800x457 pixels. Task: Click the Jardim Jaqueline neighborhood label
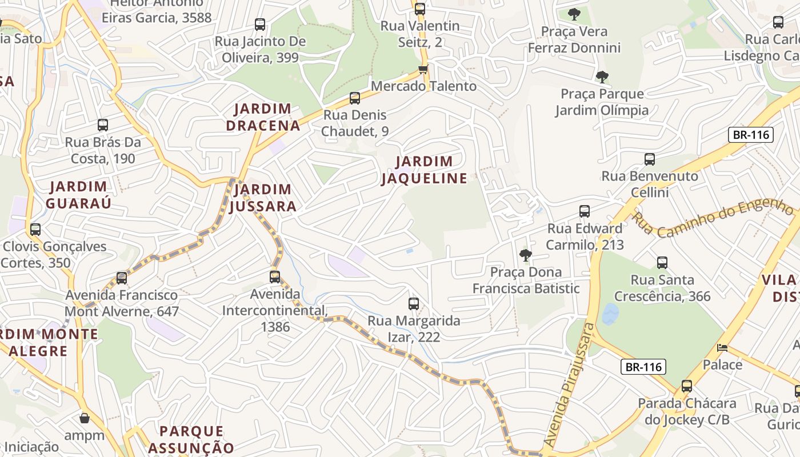[x=424, y=170]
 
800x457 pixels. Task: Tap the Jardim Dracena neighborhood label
[x=263, y=117]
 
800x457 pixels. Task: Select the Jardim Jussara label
[x=263, y=198]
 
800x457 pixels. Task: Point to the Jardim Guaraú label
[x=78, y=194]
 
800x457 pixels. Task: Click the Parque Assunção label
[x=191, y=439]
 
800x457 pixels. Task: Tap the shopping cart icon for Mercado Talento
[x=423, y=70]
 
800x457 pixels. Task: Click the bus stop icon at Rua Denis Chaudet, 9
[x=355, y=98]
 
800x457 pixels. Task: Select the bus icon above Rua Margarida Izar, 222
[x=414, y=303]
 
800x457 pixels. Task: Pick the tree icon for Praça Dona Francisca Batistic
[x=525, y=255]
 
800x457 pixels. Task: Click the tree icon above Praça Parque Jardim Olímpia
[x=602, y=77]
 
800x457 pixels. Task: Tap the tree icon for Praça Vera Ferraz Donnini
[x=574, y=14]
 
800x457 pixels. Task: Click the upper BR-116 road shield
[x=750, y=135]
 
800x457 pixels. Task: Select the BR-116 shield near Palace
[x=643, y=367]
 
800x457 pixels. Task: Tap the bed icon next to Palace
[x=722, y=347]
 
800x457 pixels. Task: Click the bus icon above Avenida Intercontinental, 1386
[x=275, y=277]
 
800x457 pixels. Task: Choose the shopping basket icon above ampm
[x=85, y=418]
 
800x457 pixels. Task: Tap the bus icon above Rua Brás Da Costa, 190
[x=103, y=125]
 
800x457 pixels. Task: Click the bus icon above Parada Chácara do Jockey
[x=687, y=386]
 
